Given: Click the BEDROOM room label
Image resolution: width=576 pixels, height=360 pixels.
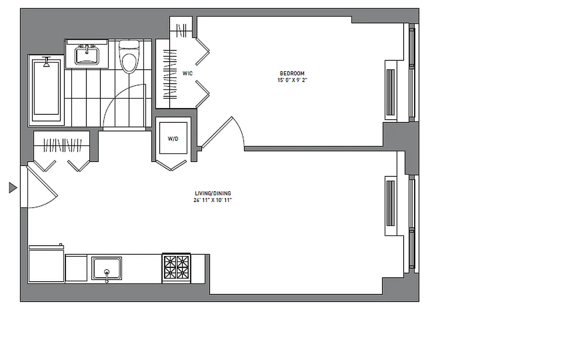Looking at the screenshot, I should (292, 73).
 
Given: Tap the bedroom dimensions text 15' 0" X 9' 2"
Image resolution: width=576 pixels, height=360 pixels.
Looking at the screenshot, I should (292, 80).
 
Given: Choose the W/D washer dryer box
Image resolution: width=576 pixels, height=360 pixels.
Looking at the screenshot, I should (173, 139).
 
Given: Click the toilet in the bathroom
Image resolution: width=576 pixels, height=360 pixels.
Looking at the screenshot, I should (129, 57).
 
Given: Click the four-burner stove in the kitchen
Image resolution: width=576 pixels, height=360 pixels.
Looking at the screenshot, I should (176, 267).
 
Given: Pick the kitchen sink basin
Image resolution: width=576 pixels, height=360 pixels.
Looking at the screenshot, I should (107, 268).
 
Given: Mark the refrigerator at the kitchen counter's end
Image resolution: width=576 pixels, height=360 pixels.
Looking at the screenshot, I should (46, 265).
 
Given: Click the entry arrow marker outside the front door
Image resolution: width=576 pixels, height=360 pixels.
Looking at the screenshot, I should (13, 187).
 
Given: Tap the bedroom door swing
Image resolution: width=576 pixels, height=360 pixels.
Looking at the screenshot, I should (223, 133).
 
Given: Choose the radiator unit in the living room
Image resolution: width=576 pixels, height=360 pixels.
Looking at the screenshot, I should (391, 206).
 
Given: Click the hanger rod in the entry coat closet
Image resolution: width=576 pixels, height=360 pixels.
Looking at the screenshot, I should (62, 145).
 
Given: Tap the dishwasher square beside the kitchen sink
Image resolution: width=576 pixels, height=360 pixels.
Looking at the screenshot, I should (76, 269).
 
